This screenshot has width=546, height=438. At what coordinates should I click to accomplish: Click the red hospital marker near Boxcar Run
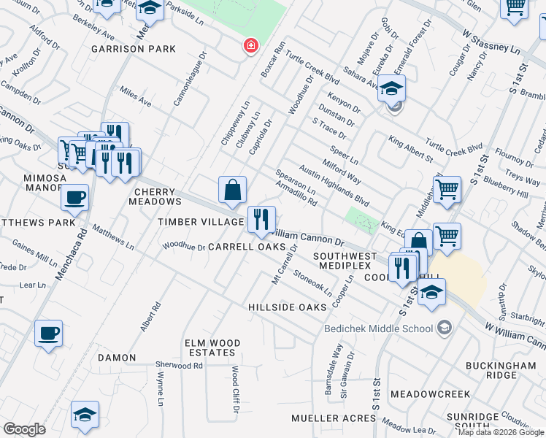coord(250,46)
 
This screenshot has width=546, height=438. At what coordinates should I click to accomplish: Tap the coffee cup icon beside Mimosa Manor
coord(74,196)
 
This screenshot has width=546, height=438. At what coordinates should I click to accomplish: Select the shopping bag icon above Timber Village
coord(232,190)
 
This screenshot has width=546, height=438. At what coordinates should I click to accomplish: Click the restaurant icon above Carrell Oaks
coord(261,220)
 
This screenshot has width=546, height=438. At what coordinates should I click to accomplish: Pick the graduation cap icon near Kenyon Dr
coord(391,90)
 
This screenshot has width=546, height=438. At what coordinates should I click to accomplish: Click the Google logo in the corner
coord(24,429)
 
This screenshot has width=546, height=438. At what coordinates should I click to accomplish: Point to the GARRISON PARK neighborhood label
coord(134,49)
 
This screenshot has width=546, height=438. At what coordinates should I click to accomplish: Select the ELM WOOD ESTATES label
coord(213,347)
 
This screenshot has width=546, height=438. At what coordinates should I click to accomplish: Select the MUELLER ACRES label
coord(334,418)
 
